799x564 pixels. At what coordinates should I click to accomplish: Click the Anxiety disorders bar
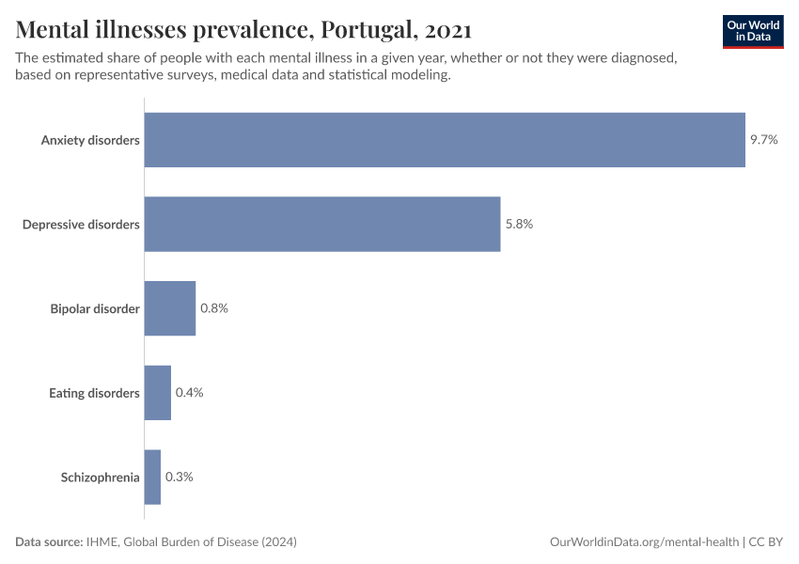[445, 140]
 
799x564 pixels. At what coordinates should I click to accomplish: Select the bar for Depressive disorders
[322, 224]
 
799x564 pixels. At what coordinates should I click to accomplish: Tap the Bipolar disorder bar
[170, 308]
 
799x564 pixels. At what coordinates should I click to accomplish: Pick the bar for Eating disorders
[158, 393]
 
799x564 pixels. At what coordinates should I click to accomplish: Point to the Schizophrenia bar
[152, 477]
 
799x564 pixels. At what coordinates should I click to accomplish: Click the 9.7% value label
[764, 140]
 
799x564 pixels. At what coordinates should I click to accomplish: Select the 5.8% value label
[519, 224]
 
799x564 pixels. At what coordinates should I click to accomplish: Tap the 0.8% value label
[214, 308]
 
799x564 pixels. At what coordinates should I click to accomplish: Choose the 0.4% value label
[189, 393]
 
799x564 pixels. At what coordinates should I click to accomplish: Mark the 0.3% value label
[179, 477]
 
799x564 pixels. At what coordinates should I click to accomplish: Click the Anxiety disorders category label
[90, 140]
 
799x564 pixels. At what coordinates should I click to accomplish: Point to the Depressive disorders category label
[81, 225]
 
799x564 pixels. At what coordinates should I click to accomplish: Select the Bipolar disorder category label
[95, 308]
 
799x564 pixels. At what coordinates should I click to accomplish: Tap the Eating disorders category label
[94, 393]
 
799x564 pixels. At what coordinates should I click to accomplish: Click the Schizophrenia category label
[100, 478]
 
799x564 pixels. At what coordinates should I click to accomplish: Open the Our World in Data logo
[753, 31]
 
